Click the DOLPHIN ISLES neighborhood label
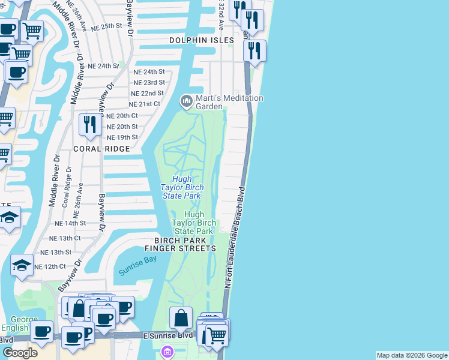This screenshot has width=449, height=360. [x=200, y=40]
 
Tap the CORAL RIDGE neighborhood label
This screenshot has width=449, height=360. [x=101, y=148]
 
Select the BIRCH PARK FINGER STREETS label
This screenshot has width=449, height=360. [x=180, y=248]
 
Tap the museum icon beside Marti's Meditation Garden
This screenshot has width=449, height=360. [x=187, y=101]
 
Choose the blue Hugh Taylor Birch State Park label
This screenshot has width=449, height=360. [x=181, y=187]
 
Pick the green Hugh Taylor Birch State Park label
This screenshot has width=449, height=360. [x=193, y=223]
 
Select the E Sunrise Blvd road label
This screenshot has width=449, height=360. [x=168, y=335]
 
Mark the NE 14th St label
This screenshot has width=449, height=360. [x=70, y=223]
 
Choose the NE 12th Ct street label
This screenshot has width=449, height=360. [x=50, y=266]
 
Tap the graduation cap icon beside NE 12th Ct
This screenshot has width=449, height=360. [x=22, y=266]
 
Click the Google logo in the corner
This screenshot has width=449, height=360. [x=20, y=353]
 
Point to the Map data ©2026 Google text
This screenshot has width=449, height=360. [x=411, y=355]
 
